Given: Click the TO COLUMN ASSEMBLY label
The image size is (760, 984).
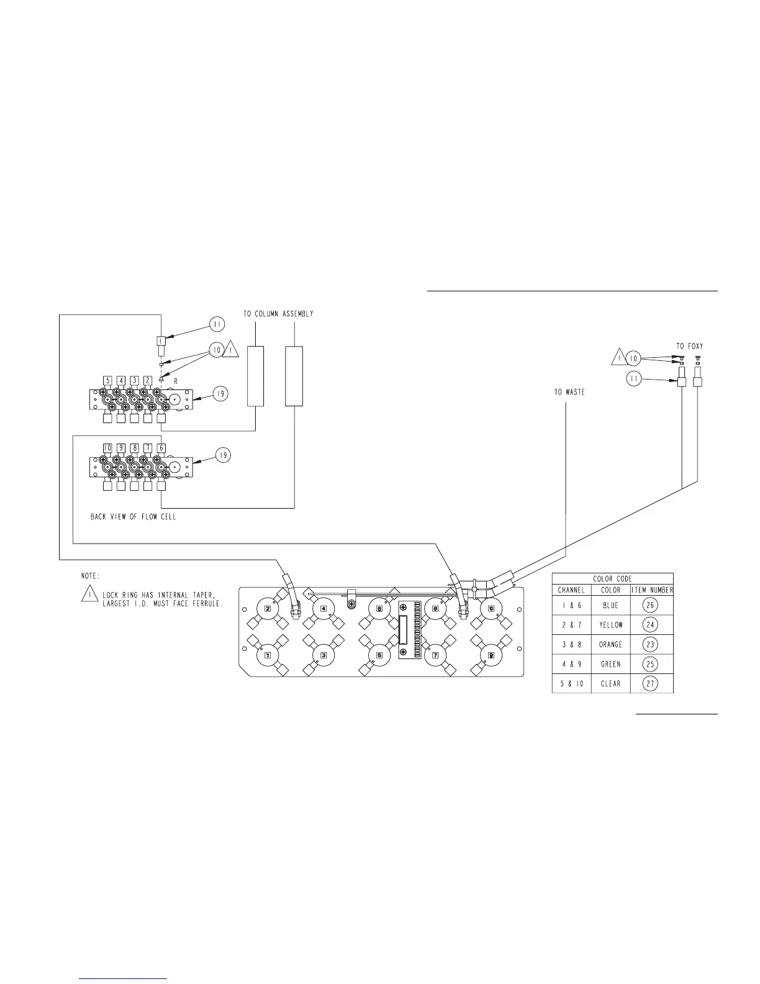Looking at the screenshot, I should [278, 314].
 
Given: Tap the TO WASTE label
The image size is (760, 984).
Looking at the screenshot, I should [569, 392].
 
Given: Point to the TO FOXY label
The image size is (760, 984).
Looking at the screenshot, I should [689, 346].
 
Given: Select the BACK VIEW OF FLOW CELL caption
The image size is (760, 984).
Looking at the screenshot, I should [133, 516].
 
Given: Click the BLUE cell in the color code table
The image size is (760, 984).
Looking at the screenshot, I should [610, 605].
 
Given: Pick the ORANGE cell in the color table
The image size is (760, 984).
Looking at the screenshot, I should [610, 644].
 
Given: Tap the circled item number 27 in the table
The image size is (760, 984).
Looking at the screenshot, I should [650, 683].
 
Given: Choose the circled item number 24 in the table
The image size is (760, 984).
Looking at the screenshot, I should [650, 624].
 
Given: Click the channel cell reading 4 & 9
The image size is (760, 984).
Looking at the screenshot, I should [571, 664].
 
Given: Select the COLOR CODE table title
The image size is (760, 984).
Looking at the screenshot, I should [612, 578].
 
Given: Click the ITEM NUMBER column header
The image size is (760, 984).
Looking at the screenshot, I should [652, 590].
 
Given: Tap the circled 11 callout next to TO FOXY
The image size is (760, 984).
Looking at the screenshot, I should [634, 379].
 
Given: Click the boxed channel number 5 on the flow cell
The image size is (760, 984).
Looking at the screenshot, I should [107, 380].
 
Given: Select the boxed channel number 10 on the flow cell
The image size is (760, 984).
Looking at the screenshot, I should [107, 447].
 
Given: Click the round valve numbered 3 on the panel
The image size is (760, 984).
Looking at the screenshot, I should [323, 655].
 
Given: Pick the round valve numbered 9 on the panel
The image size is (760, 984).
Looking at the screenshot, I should [491, 655].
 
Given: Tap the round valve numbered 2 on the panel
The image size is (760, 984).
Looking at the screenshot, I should [268, 608].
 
